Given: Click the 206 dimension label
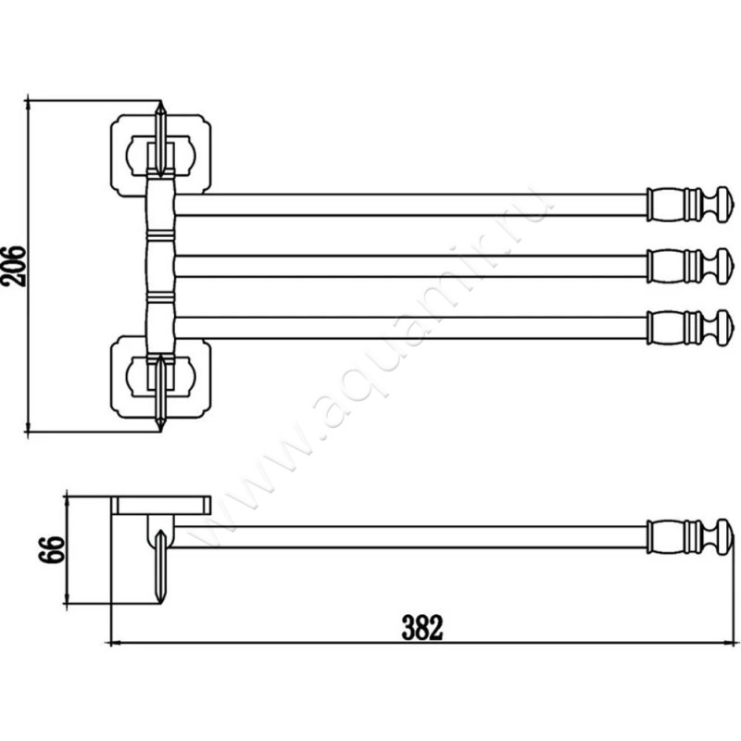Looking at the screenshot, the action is point(13,266).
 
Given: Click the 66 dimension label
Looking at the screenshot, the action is point(52,549).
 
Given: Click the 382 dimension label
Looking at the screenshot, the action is point(422,627).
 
